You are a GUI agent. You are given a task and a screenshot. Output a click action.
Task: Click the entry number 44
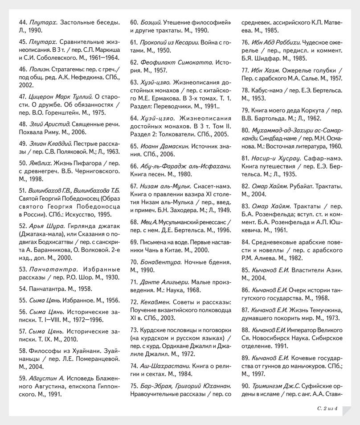[x=23, y=22]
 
